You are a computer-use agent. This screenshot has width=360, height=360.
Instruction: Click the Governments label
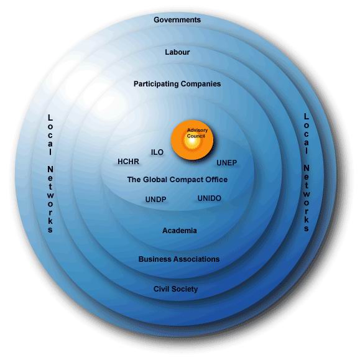click(177, 20)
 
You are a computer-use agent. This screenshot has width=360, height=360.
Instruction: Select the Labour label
click(177, 52)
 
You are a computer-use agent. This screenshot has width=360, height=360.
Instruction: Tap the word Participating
click(156, 84)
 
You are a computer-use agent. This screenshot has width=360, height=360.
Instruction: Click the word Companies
click(201, 84)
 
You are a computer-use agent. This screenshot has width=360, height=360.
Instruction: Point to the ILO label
click(157, 152)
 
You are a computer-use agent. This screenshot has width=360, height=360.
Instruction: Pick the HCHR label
click(128, 162)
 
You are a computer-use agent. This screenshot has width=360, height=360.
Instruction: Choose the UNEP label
click(226, 163)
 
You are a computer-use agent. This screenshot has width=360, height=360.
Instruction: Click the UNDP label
click(155, 200)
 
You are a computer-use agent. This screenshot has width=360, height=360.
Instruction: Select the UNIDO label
click(210, 198)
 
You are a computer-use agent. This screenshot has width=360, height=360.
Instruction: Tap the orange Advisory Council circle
click(192, 140)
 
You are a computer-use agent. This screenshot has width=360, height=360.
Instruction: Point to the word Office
click(216, 180)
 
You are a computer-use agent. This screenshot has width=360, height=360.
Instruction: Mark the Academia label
click(180, 231)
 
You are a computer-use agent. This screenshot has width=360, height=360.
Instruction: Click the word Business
click(152, 259)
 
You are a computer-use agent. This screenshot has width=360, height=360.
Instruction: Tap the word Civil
click(160, 289)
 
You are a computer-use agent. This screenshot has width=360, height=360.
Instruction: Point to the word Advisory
click(197, 131)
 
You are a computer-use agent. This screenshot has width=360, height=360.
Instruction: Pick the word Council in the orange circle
click(196, 136)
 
